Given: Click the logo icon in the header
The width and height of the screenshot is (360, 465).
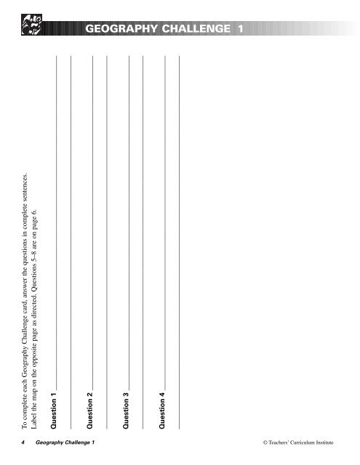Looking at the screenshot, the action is (34, 28).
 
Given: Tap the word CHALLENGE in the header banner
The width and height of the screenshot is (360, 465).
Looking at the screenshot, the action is (198, 29).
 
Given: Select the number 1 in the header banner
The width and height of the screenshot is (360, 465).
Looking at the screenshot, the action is (240, 29).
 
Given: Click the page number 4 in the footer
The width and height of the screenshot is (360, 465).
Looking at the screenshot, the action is (24, 442).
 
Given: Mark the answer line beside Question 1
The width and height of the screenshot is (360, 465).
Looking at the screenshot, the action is (56, 225).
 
